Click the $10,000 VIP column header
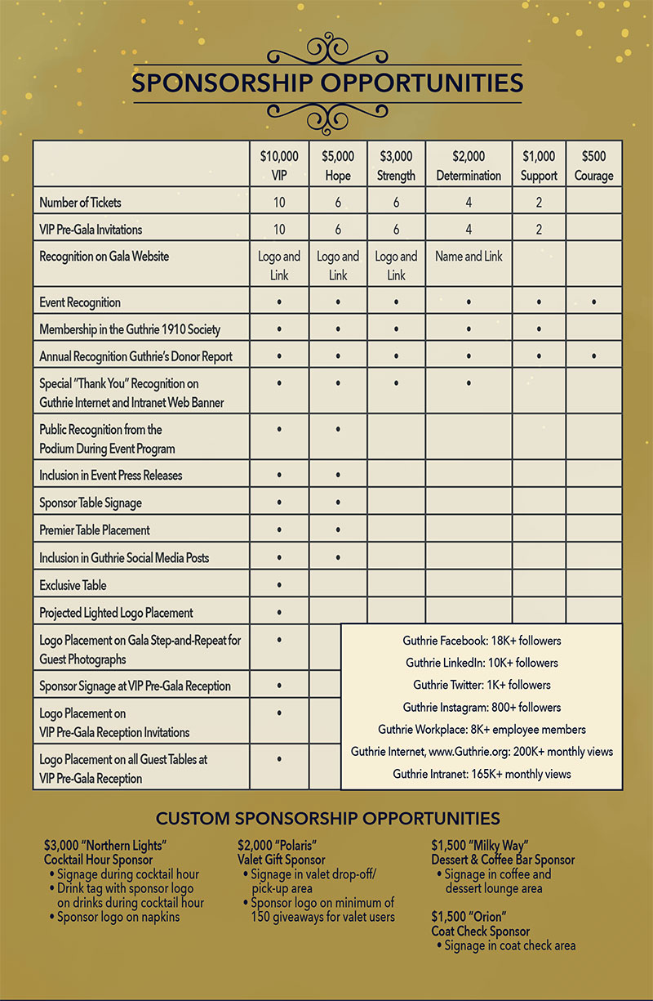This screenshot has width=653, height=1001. click(x=279, y=165)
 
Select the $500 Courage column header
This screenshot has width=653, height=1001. click(x=593, y=165)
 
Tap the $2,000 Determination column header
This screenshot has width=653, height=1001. click(x=469, y=165)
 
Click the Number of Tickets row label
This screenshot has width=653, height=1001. click(x=80, y=202)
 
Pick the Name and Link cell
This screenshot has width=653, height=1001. click(x=469, y=257)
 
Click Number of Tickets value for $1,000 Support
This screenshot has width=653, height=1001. click(x=539, y=202)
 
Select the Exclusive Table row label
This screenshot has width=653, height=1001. click(x=73, y=585)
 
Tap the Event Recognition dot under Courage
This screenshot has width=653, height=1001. click(x=593, y=302)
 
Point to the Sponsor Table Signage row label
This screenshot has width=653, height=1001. click(x=91, y=503)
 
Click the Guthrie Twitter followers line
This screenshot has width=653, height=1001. click(x=482, y=685)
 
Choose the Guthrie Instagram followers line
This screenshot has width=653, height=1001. click(x=482, y=707)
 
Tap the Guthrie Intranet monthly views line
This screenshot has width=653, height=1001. click(x=482, y=773)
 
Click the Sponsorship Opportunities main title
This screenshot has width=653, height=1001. click(x=326, y=83)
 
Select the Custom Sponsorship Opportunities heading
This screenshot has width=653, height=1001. click(x=327, y=818)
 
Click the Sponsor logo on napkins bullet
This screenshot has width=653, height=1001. click(x=118, y=917)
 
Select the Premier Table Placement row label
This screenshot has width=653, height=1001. click(x=95, y=530)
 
